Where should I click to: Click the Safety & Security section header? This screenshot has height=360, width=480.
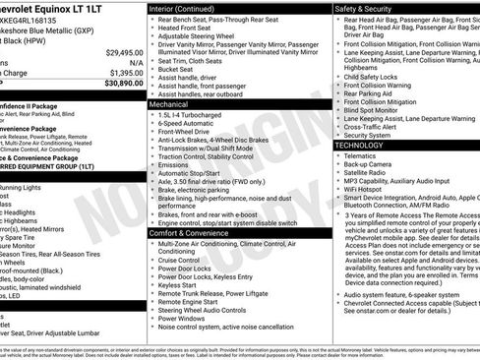click(367, 9)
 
